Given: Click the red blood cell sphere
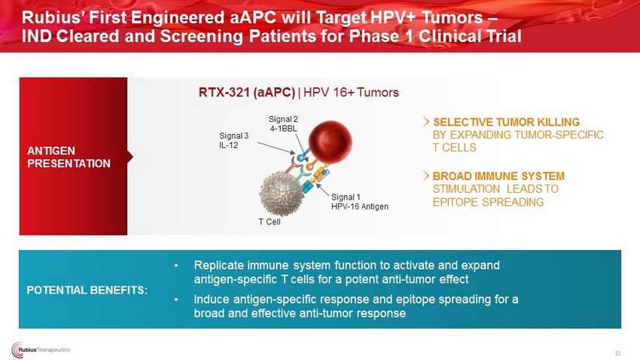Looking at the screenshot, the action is pyautogui.click(x=331, y=142).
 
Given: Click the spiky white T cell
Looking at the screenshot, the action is pyautogui.click(x=282, y=193).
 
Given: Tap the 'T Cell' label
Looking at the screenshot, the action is pyautogui.click(x=270, y=221).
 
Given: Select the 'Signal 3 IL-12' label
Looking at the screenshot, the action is pyautogui.click(x=234, y=140).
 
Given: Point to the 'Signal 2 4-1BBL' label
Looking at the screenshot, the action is pyautogui.click(x=283, y=124).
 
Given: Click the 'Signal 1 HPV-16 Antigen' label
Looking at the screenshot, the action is pyautogui.click(x=360, y=202).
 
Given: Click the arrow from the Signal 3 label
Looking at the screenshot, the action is pyautogui.click(x=276, y=148).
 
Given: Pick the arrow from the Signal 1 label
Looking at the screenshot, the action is pyautogui.click(x=322, y=191).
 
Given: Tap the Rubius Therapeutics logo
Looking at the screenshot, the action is pyautogui.click(x=41, y=349).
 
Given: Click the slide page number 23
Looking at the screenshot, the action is pyautogui.click(x=617, y=353).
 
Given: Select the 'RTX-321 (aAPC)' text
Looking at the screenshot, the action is pyautogui.click(x=246, y=92).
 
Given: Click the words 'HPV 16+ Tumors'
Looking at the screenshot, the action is pyautogui.click(x=351, y=92).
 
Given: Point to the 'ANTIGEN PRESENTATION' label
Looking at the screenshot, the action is pyautogui.click(x=69, y=157).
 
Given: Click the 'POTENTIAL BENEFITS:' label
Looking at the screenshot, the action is pyautogui.click(x=87, y=290).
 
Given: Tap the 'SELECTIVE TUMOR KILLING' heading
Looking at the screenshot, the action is pyautogui.click(x=506, y=122).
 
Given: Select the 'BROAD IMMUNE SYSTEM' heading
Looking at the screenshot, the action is pyautogui.click(x=498, y=176).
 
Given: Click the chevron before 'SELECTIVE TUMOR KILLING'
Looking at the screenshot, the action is pyautogui.click(x=426, y=122).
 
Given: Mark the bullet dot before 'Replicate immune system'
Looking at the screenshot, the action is pyautogui.click(x=176, y=266).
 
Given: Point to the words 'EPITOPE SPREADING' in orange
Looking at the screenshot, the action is pyautogui.click(x=488, y=202).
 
